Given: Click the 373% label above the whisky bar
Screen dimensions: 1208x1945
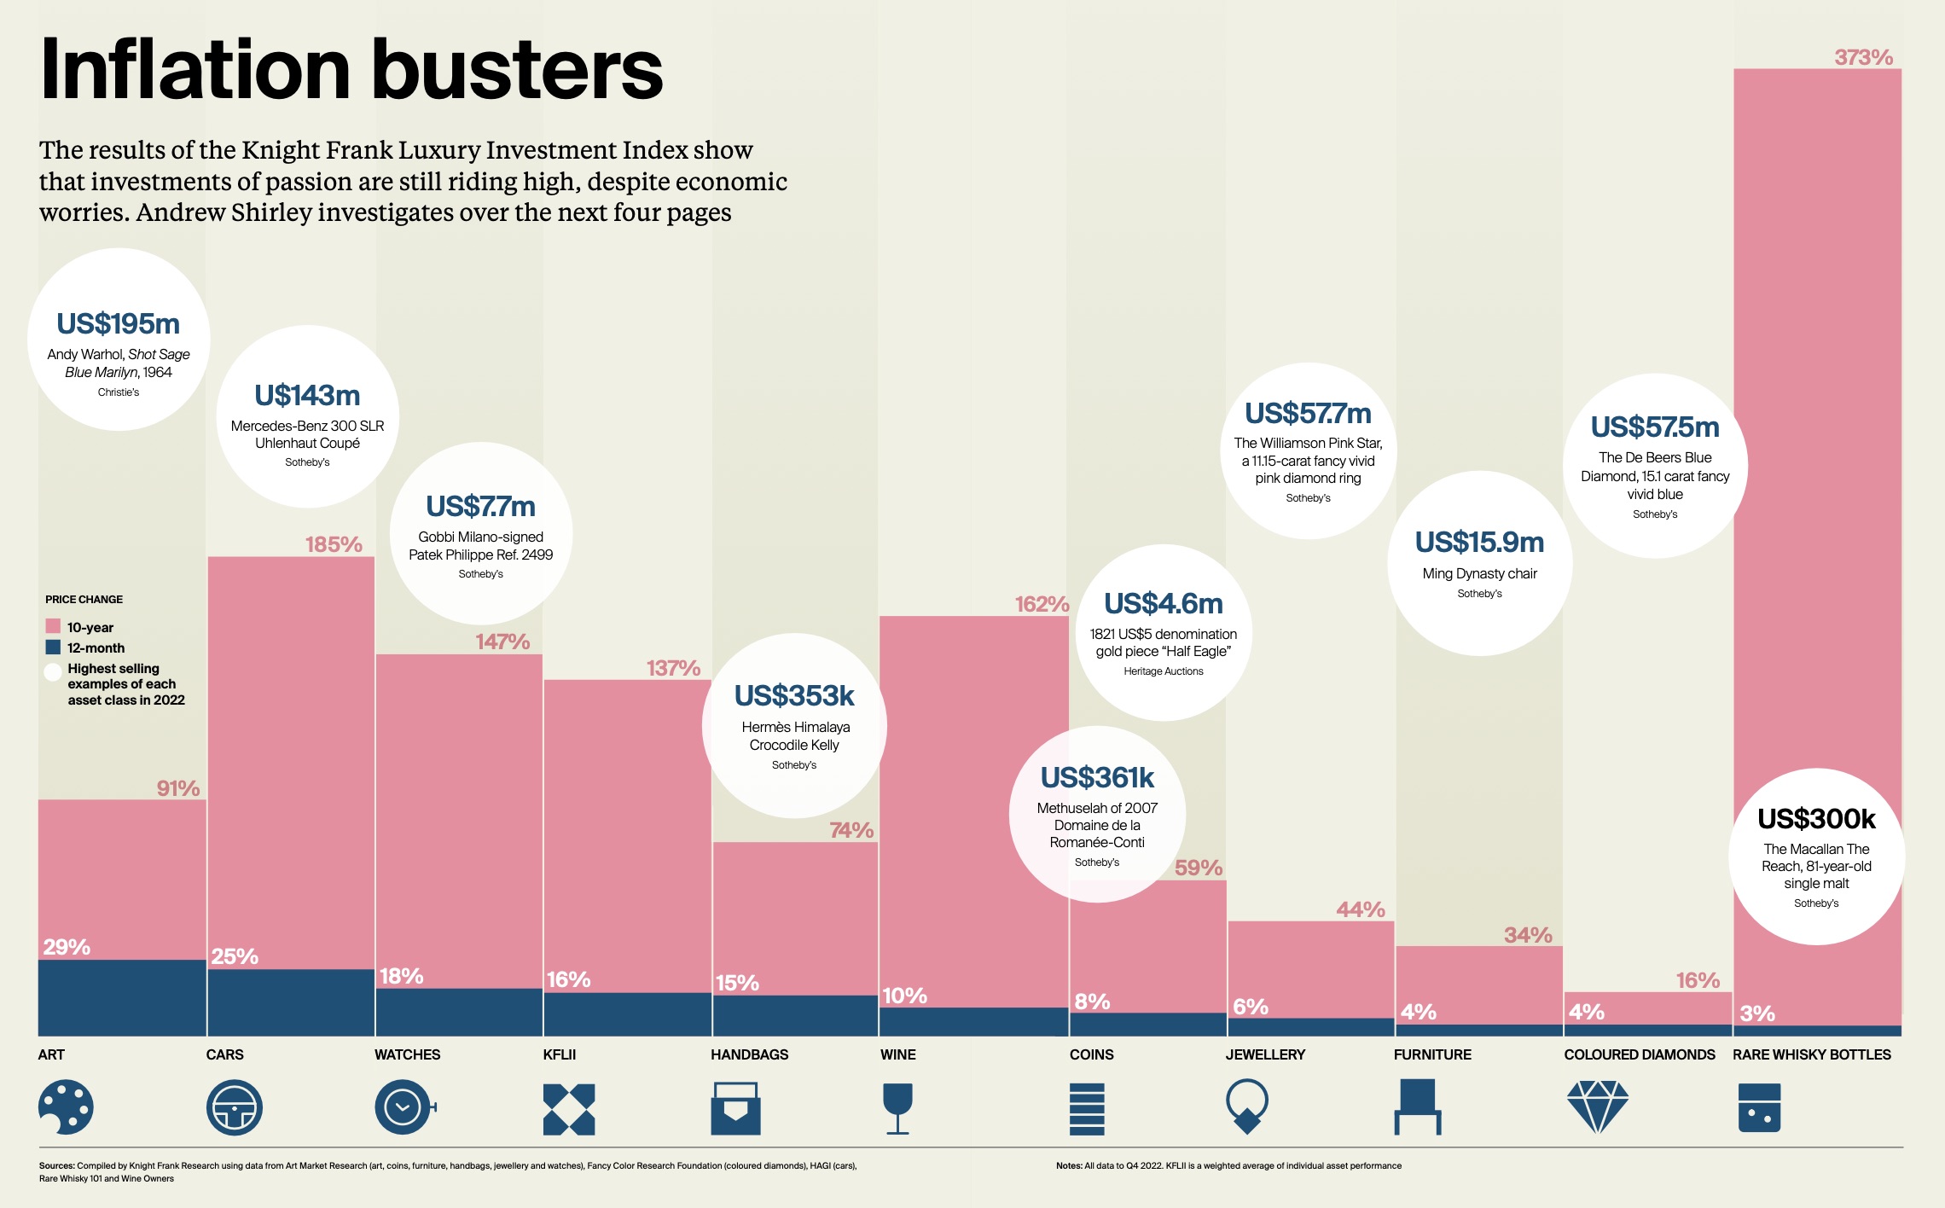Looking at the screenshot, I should (1863, 57).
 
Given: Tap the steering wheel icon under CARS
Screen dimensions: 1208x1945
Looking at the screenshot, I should (234, 1107).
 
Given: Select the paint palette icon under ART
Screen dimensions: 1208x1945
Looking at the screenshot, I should (66, 1107).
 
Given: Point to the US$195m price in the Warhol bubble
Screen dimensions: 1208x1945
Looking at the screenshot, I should (119, 324).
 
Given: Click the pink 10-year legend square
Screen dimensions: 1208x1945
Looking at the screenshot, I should (53, 626).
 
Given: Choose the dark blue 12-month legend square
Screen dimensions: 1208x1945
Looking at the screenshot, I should (53, 648).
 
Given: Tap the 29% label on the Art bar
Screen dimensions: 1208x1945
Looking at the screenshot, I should (67, 947).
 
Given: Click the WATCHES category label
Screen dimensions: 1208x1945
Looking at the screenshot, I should (407, 1054).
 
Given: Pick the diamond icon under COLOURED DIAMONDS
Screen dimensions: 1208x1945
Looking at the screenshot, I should (1597, 1106).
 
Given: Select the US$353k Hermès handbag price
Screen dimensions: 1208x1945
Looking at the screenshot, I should (794, 696).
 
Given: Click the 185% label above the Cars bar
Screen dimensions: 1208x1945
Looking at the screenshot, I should (334, 544).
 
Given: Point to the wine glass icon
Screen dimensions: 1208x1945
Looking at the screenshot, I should (897, 1108).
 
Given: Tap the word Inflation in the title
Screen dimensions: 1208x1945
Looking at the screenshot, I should (195, 70).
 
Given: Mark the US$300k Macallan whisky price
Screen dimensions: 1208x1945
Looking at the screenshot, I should (1816, 819).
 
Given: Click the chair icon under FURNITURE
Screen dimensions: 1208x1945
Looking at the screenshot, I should (1418, 1106).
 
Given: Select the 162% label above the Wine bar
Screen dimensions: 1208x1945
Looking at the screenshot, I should (1042, 604).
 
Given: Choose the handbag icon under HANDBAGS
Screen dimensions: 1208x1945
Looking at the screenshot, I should (735, 1108).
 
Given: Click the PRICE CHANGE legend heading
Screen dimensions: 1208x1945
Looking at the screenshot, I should (84, 600).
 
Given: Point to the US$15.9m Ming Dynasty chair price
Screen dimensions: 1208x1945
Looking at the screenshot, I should (1479, 543).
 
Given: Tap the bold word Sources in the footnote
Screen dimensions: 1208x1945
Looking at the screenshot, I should (56, 1165).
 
